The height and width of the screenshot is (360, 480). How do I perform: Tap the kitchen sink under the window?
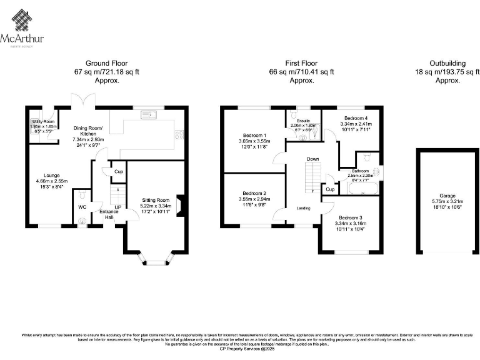pyautogui.click(x=151, y=114)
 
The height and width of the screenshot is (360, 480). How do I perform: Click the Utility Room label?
pyautogui.click(x=44, y=121)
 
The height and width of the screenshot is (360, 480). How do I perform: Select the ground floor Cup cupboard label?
pyautogui.click(x=118, y=171)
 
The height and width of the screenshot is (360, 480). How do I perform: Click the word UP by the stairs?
pyautogui.click(x=117, y=207)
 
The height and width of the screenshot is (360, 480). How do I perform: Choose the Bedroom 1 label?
pyautogui.click(x=255, y=136)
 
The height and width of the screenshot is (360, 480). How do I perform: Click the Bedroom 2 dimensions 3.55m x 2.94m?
pyautogui.click(x=255, y=199)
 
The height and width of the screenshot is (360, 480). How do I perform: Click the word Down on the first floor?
pyautogui.click(x=313, y=159)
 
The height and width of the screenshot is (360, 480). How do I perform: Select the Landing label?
pyautogui.click(x=304, y=208)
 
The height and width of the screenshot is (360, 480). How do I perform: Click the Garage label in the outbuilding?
pyautogui.click(x=447, y=195)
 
